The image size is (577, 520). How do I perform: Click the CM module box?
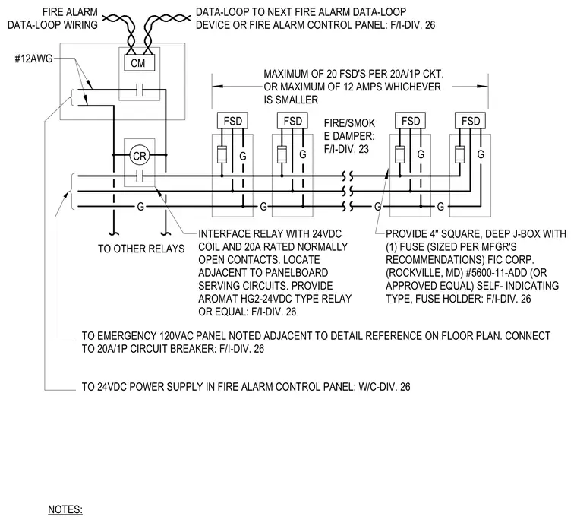pos(138,62)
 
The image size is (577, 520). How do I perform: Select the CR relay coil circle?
pos(140,156)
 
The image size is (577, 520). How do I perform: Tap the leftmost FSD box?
pos(232,121)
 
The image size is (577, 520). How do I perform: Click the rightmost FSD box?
pos(471,121)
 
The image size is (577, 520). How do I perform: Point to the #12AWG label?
pos(33,59)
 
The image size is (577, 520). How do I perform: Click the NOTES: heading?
pos(65,509)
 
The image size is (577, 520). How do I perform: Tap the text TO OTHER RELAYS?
pos(141,249)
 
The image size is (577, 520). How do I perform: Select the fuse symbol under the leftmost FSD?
pos(222,154)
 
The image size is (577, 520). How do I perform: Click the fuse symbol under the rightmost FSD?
pos(459,154)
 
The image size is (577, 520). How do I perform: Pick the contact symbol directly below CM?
pos(140,89)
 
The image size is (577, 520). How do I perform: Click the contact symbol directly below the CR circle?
pos(140,176)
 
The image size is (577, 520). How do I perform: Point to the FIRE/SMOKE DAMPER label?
pos(349,136)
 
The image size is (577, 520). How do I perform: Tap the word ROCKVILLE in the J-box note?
pos(411,273)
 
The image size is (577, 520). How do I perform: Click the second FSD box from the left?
pos(292,121)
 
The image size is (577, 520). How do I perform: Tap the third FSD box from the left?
pos(410,121)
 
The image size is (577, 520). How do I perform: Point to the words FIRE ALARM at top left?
pos(70,12)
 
